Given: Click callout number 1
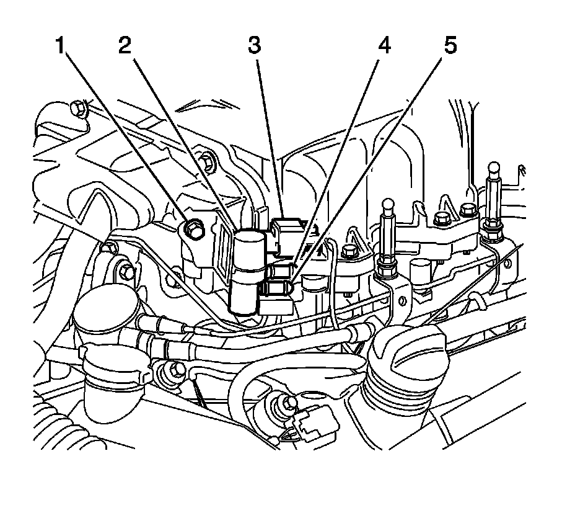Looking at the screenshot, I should click(61, 47).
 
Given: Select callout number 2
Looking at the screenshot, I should click(126, 47).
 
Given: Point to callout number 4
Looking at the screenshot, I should click(384, 47).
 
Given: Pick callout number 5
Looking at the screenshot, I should click(450, 47).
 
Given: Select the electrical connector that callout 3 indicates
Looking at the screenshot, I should click(286, 236).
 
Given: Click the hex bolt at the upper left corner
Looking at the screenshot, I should click(77, 108).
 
